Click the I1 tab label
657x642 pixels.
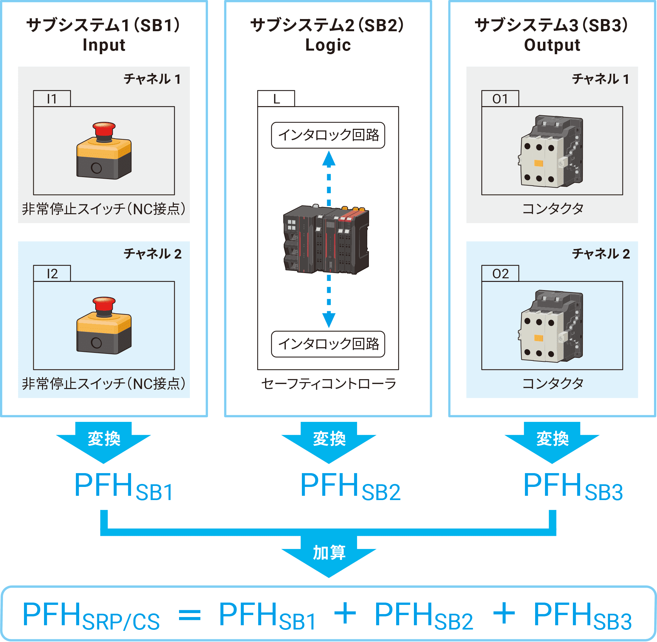click(x=52, y=99)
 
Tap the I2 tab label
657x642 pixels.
click(x=52, y=273)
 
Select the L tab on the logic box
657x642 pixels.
click(x=276, y=99)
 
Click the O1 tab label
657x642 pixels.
click(x=500, y=99)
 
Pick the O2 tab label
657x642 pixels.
click(x=500, y=273)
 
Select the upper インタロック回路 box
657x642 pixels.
click(x=328, y=135)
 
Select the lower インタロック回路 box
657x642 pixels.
click(x=328, y=344)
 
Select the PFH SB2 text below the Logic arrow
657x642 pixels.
click(x=350, y=486)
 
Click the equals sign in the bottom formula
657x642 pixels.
click(x=190, y=614)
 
